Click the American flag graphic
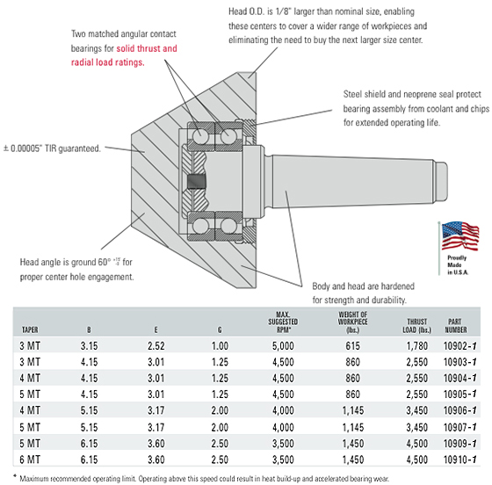click(460, 236)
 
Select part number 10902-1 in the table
click(459, 345)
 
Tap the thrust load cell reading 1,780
click(417, 345)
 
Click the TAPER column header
click(30, 329)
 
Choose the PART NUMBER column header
click(456, 326)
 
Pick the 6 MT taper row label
click(30, 460)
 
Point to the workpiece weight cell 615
click(352, 345)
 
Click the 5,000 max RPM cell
click(283, 345)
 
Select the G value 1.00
click(220, 345)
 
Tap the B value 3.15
click(89, 345)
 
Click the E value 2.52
click(156, 345)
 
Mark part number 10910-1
click(459, 460)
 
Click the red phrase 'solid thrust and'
click(147, 48)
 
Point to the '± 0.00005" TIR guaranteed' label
click(52, 148)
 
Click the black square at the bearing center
click(197, 181)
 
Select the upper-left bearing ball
click(201, 137)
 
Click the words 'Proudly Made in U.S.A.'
click(458, 265)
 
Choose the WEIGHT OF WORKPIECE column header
click(352, 322)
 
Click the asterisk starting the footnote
click(15, 476)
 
